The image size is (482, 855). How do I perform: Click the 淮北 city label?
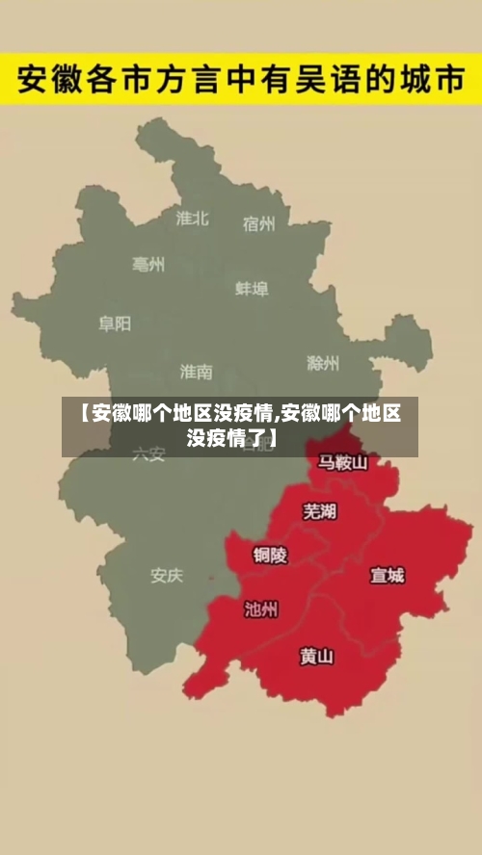[x=193, y=218]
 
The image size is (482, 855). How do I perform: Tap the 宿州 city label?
[x=258, y=224]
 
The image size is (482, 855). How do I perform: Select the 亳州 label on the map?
[x=148, y=265]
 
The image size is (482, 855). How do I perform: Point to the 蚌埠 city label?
[x=252, y=288]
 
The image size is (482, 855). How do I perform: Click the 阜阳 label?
[x=115, y=324]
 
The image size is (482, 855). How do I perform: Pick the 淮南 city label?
[x=196, y=372]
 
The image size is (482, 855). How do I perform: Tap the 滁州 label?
[x=322, y=363]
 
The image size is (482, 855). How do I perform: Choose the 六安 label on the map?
[x=148, y=453]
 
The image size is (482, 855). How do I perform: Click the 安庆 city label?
[x=166, y=576]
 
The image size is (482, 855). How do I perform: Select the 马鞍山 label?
[x=342, y=463]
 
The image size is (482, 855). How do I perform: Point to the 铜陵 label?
[x=270, y=555]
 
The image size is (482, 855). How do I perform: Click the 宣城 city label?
[x=388, y=576]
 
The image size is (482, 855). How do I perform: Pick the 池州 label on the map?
[x=261, y=609]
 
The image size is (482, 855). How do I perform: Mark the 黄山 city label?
[x=316, y=657]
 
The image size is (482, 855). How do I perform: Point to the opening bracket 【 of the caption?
[x=82, y=415]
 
